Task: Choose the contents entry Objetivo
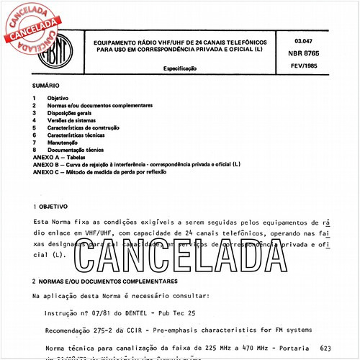58,97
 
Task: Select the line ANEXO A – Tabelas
63,157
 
